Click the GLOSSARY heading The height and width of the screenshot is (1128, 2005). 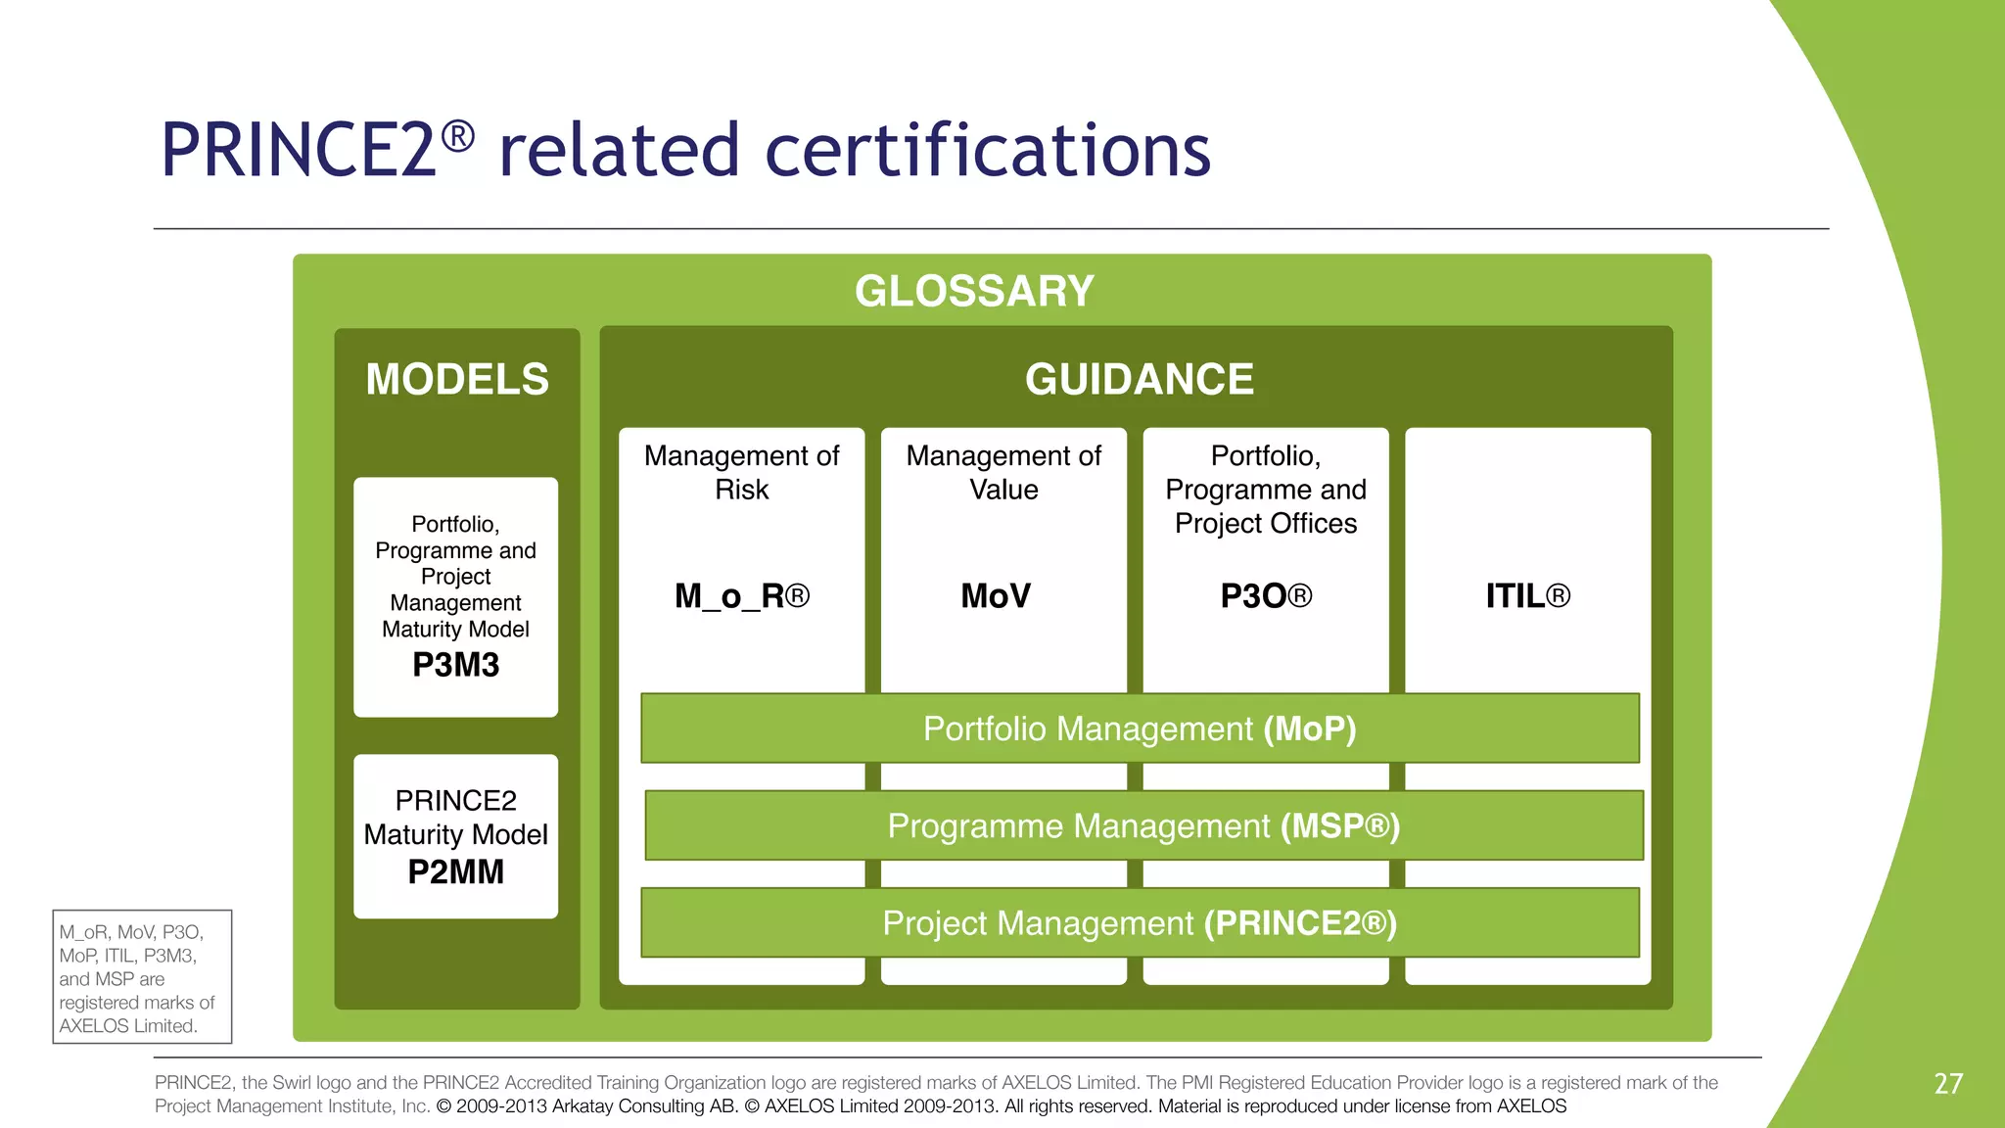click(x=974, y=291)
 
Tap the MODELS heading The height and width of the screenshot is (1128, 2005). click(x=457, y=379)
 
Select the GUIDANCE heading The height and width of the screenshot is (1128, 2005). click(x=1140, y=379)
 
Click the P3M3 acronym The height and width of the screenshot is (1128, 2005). click(x=456, y=665)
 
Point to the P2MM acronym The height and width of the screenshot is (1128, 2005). click(x=456, y=871)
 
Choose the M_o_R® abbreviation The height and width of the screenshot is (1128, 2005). click(x=742, y=595)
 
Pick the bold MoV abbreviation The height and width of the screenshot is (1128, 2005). click(x=996, y=595)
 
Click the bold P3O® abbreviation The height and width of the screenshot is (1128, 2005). click(x=1266, y=595)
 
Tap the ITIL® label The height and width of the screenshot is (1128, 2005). click(x=1527, y=595)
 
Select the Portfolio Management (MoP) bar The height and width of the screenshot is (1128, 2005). click(x=1140, y=728)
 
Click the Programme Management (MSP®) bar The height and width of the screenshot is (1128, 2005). click(x=1143, y=825)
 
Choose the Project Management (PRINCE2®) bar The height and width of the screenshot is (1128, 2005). click(x=1140, y=922)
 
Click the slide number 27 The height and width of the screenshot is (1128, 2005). click(x=1948, y=1083)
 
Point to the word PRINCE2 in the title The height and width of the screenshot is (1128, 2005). click(x=299, y=151)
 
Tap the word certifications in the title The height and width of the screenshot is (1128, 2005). click(x=988, y=151)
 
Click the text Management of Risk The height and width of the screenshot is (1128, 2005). click(x=742, y=472)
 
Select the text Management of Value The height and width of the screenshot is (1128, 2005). click(x=1003, y=472)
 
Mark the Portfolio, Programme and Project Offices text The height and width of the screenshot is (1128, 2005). click(x=1266, y=489)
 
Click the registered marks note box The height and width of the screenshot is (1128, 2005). click(x=142, y=977)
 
